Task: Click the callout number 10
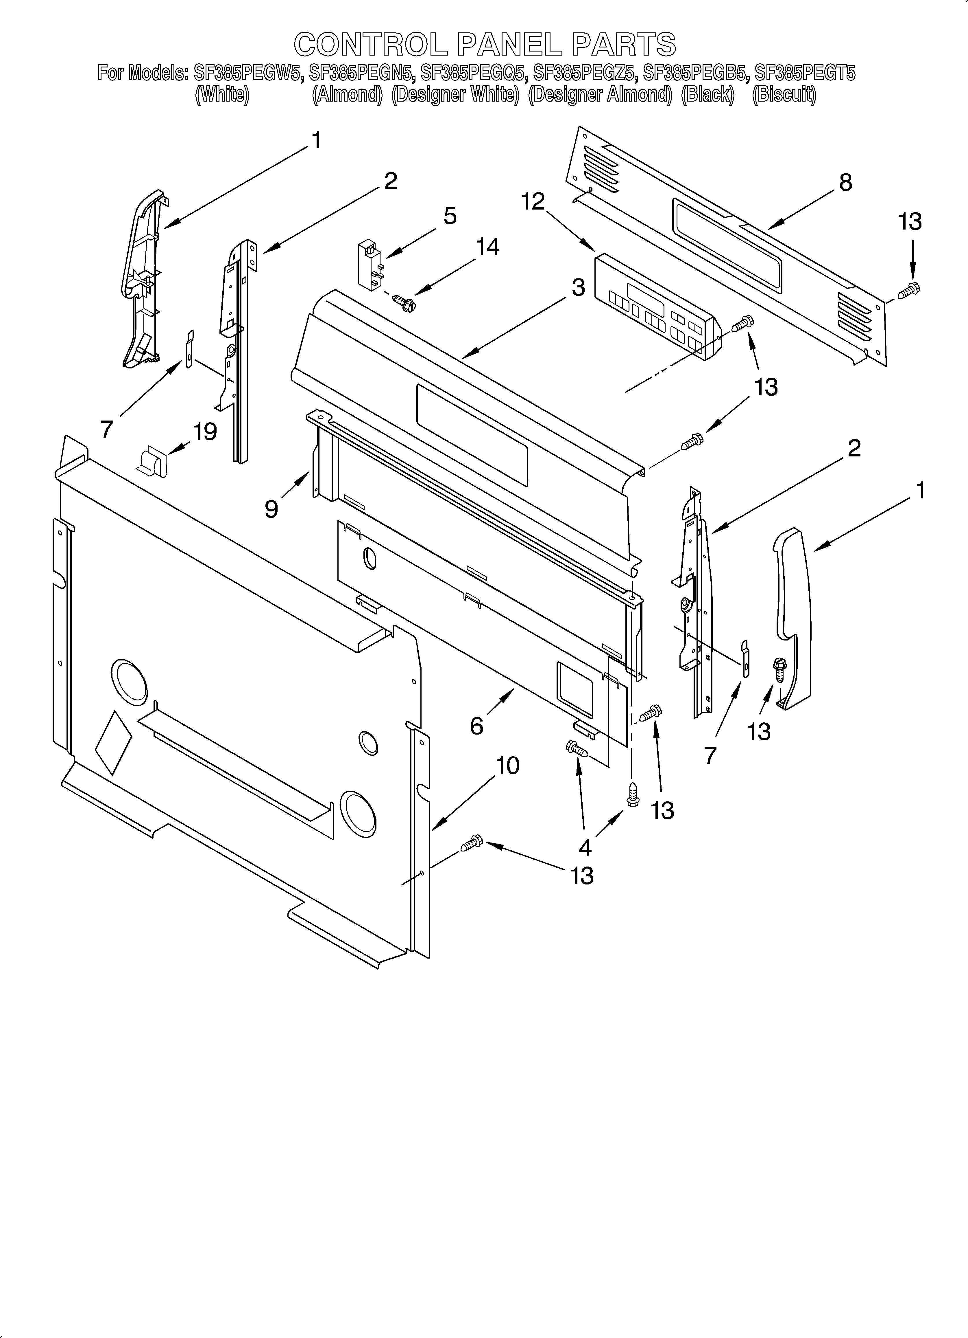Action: pos(507,766)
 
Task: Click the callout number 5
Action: pos(450,216)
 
